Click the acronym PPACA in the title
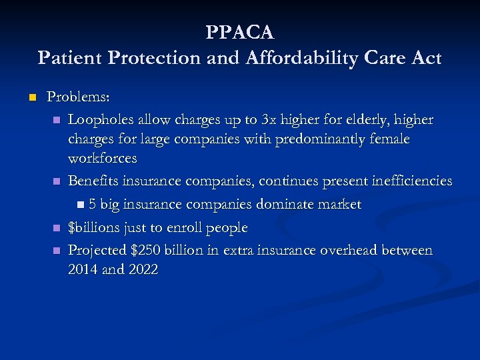point(240,32)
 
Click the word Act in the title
point(426,59)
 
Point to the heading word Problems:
point(78,97)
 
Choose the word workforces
point(102,159)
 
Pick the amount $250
point(148,250)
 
